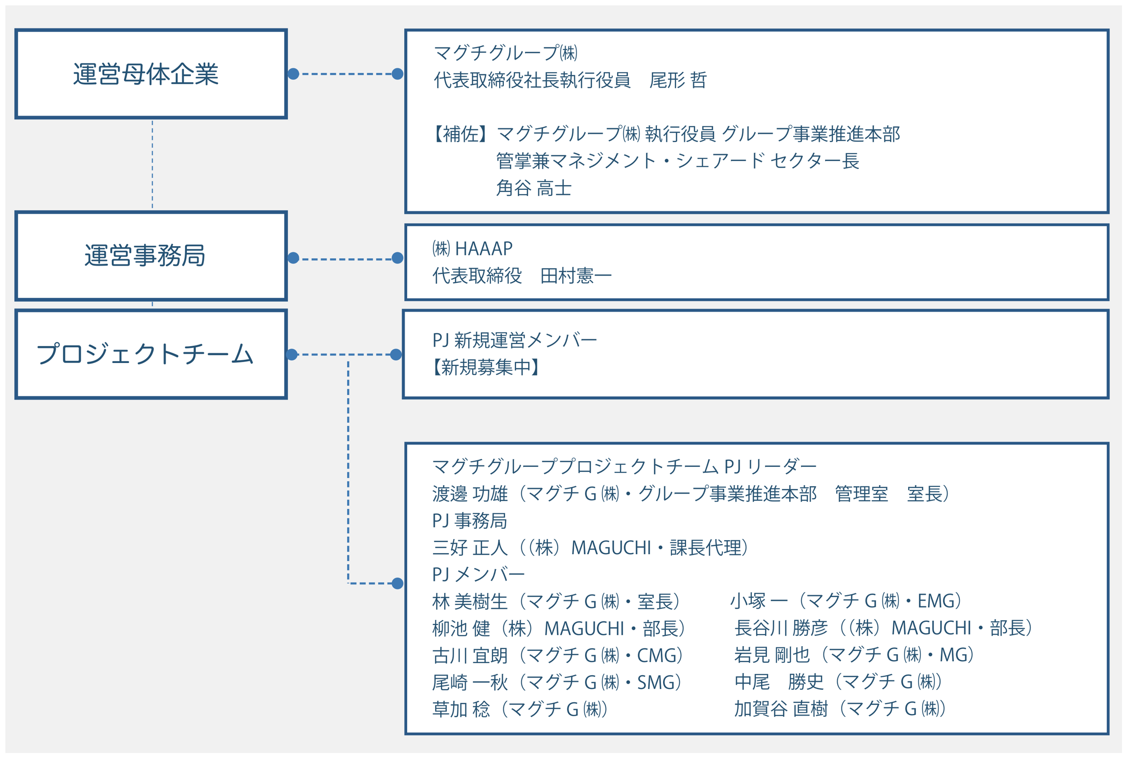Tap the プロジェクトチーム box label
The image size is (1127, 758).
coord(145,354)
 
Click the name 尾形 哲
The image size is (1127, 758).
coord(678,80)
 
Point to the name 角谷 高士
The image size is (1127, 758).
coord(533,188)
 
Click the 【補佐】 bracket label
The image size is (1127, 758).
coord(459,134)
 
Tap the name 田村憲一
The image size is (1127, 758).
coord(576,276)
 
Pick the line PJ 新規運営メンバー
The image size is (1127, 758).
coord(515,340)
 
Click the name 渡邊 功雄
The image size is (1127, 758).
coord(470,494)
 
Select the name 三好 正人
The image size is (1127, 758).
coord(470,548)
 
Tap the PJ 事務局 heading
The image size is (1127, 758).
coord(469,521)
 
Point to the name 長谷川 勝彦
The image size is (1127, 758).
coord(781,628)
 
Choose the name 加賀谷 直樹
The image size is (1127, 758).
coord(781,709)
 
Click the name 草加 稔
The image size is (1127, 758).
coord(461,709)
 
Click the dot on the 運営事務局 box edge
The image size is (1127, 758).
coord(293,258)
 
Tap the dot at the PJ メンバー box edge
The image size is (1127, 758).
coord(397,583)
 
